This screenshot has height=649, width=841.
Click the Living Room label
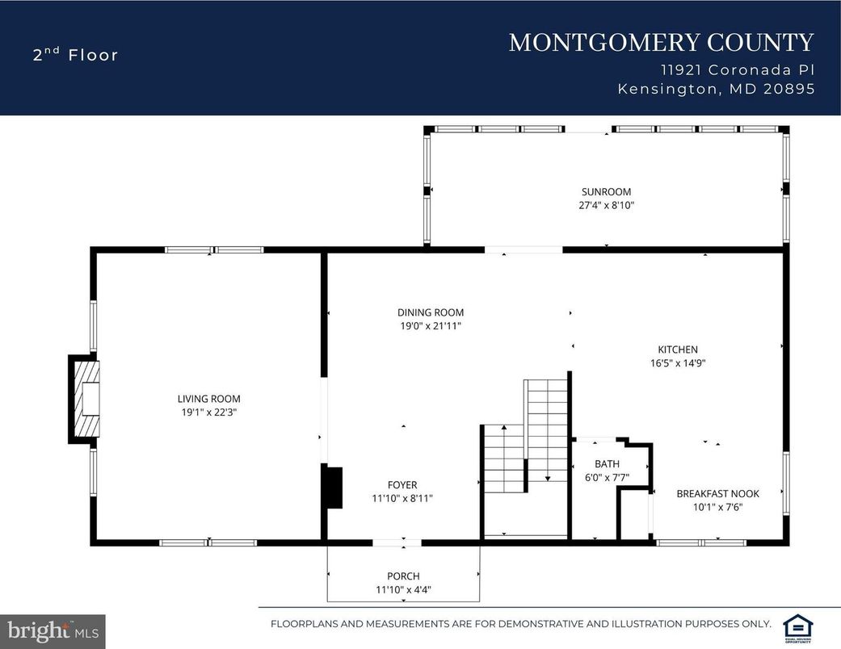click(x=208, y=399)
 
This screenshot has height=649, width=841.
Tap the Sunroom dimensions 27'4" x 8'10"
click(x=606, y=206)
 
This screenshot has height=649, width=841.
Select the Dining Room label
click(x=430, y=312)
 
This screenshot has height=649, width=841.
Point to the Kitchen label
click(x=677, y=350)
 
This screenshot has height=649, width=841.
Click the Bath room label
click(x=607, y=464)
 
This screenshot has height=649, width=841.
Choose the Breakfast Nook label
click(x=717, y=493)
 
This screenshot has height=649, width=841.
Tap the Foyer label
click(x=402, y=485)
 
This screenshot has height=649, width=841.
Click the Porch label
click(x=402, y=576)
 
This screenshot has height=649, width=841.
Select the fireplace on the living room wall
click(x=85, y=399)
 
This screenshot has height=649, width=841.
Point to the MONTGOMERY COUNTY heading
click(x=661, y=43)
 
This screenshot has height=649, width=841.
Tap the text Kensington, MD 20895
click(x=716, y=90)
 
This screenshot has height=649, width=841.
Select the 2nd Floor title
click(x=75, y=55)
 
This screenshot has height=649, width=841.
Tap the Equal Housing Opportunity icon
click(x=797, y=626)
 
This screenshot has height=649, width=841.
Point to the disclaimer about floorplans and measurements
click(x=520, y=624)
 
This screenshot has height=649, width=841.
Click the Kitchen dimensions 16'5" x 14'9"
click(x=677, y=363)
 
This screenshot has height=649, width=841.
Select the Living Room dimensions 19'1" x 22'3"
click(x=208, y=412)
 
